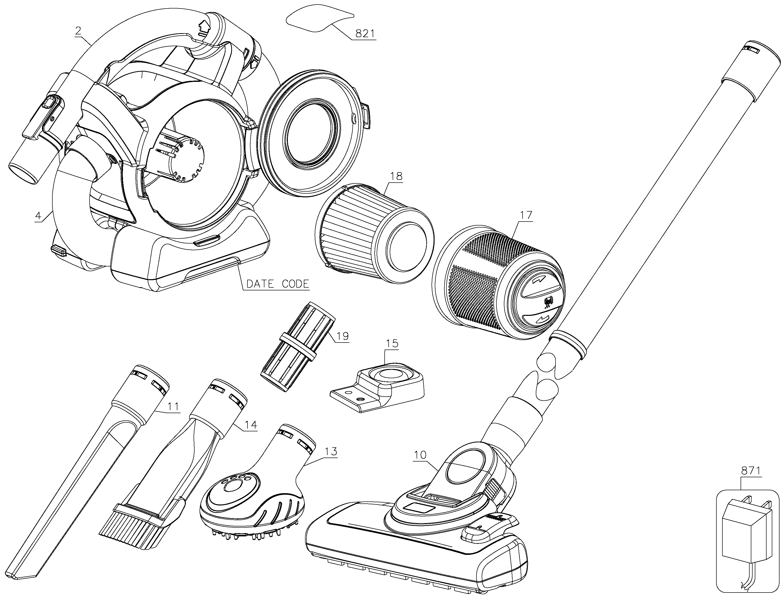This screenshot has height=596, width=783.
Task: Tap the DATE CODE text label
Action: (278, 284)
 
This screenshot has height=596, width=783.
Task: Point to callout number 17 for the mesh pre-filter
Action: (526, 215)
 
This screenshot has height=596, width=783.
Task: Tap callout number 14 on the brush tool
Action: (250, 425)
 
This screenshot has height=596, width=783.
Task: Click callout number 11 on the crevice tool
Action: (173, 407)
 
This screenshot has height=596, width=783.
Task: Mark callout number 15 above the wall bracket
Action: (392, 344)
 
